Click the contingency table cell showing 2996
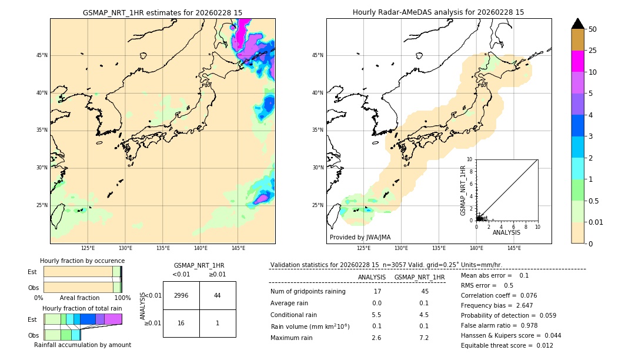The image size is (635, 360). (181, 295)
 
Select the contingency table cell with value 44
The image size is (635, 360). (218, 295)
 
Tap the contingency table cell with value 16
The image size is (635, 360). (181, 323)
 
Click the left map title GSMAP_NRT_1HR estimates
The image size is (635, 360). (162, 12)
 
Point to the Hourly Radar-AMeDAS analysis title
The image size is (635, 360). (439, 12)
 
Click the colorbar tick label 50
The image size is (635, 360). (593, 29)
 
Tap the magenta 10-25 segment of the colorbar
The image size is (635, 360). (578, 61)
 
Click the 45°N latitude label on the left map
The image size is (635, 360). (42, 55)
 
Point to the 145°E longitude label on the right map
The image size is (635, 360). (514, 248)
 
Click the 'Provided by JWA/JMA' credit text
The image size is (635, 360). (360, 238)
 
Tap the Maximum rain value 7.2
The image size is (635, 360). (423, 338)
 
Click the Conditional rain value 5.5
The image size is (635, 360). (376, 315)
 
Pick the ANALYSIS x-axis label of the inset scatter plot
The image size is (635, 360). (506, 232)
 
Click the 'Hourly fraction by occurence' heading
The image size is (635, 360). (82, 261)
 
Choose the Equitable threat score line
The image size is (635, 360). (507, 345)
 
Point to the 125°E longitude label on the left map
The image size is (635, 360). (88, 248)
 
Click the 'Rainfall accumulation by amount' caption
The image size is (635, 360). (82, 345)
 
